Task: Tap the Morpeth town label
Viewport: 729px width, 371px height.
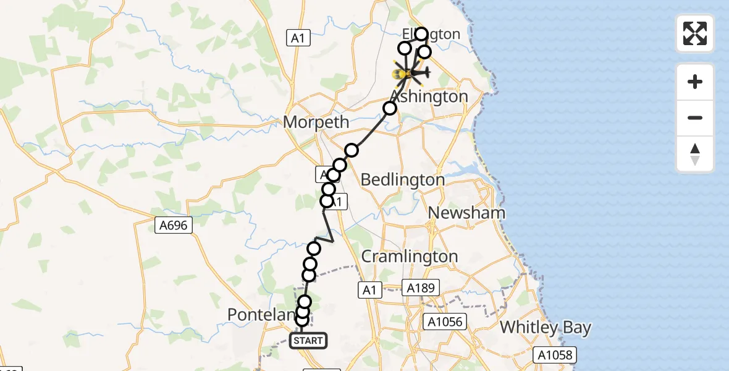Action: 316,122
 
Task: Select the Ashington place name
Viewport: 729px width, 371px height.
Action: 430,97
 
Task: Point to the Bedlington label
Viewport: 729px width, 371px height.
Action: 402,180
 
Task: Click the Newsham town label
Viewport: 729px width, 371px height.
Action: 466,213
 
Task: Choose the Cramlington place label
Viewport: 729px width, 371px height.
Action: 410,256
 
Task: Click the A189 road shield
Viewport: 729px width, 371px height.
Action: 421,288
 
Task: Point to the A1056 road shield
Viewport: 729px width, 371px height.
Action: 444,322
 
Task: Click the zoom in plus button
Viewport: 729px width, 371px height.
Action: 695,82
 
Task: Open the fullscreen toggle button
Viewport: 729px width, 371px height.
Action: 695,33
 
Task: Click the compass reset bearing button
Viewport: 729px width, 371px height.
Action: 695,154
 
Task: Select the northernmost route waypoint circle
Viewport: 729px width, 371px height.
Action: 421,34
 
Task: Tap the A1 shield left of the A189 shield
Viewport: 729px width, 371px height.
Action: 369,290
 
